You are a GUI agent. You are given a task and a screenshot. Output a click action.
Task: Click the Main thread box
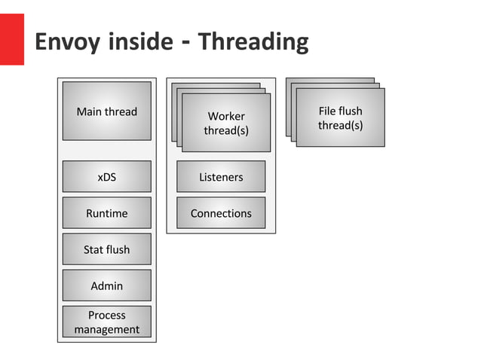(106, 111)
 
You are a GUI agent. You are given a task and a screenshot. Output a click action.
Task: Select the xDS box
(106, 177)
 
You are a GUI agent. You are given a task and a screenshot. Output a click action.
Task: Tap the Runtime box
(106, 213)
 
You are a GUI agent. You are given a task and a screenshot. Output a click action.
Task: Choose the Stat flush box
(106, 249)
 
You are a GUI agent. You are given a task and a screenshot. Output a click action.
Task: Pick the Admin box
(106, 285)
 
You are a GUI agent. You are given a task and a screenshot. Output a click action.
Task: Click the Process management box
(106, 322)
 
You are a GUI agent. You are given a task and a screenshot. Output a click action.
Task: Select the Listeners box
(221, 177)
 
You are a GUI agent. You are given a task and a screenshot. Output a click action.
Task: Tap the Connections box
(221, 213)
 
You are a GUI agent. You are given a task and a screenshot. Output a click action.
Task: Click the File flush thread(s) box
(340, 117)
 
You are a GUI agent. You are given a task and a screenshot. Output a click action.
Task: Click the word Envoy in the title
(66, 41)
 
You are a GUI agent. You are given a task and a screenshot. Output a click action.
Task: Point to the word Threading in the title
(253, 41)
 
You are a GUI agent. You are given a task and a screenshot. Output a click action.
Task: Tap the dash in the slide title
(185, 41)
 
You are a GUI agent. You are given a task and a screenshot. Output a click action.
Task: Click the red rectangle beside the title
(11, 39)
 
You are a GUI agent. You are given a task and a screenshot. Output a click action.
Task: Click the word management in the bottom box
(106, 329)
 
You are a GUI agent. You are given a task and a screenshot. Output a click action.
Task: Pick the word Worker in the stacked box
(226, 117)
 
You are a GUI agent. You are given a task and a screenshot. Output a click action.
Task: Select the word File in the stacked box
(328, 111)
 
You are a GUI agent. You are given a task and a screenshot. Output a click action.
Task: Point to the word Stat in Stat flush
(93, 249)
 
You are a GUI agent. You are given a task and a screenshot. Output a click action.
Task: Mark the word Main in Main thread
(90, 111)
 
